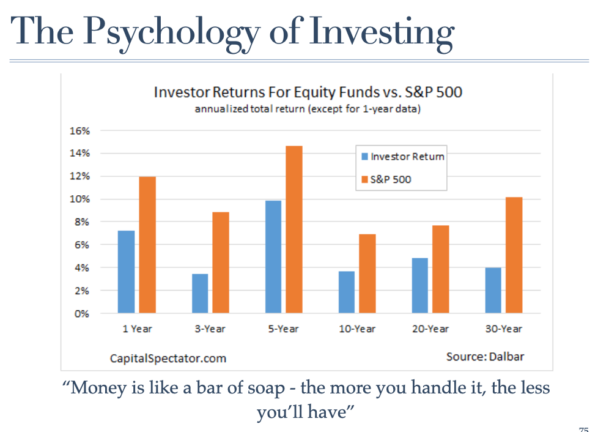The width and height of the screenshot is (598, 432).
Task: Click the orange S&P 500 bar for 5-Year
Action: coord(294,229)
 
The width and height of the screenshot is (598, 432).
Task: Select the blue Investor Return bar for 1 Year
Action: coord(126,272)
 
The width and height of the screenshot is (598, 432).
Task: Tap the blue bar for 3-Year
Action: coord(200,294)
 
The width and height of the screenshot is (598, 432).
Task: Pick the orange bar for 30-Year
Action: coord(514,255)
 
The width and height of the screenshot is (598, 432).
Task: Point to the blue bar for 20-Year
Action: coord(420,286)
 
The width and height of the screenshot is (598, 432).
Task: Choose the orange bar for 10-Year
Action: coord(367,274)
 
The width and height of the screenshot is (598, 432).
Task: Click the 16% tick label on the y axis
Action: coord(79,131)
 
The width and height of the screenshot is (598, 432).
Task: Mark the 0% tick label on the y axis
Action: coord(81,314)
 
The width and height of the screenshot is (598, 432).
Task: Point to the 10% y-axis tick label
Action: coord(79,199)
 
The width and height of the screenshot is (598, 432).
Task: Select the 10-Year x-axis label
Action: coord(357,329)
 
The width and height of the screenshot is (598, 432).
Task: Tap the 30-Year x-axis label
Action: coord(503,329)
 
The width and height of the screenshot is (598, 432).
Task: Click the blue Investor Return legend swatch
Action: coord(364,157)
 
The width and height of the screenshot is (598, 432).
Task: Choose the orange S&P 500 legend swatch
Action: coord(364,179)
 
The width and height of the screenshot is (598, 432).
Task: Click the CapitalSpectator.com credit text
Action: coord(168,359)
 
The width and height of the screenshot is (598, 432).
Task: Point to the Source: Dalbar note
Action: coord(485,357)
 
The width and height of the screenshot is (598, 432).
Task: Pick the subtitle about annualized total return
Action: coord(308,109)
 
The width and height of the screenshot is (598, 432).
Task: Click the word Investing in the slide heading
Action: coord(382,33)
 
